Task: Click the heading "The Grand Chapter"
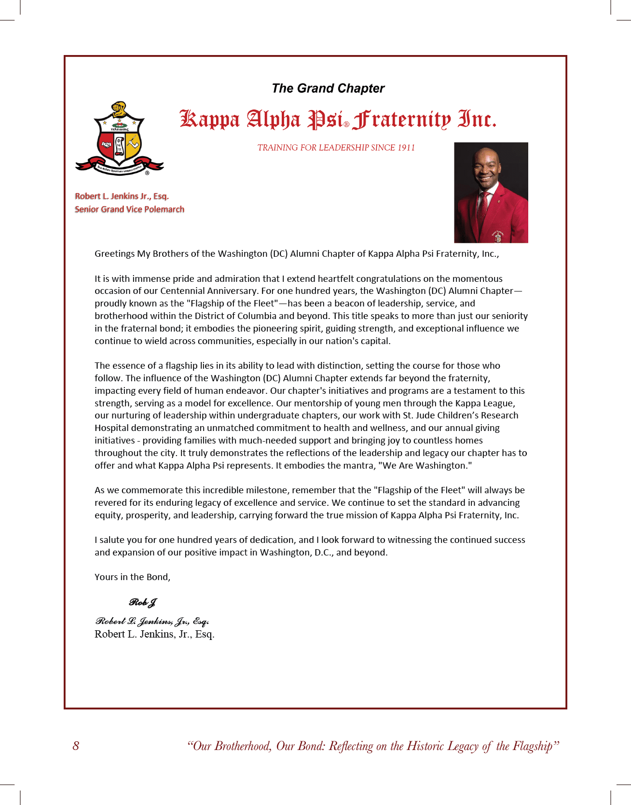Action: [328, 88]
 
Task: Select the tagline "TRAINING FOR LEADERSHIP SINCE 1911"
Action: [336, 148]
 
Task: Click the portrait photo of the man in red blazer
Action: [491, 192]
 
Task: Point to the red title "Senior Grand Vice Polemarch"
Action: [129, 209]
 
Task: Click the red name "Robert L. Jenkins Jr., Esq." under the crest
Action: [122, 196]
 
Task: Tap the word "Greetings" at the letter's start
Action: [114, 254]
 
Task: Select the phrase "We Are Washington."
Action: [427, 466]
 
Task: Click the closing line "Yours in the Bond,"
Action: [132, 577]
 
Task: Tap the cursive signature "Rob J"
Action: [143, 602]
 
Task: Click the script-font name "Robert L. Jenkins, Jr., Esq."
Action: [152, 621]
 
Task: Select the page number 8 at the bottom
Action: [76, 746]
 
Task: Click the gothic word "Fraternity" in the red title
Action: [401, 120]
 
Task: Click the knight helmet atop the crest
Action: [119, 110]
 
